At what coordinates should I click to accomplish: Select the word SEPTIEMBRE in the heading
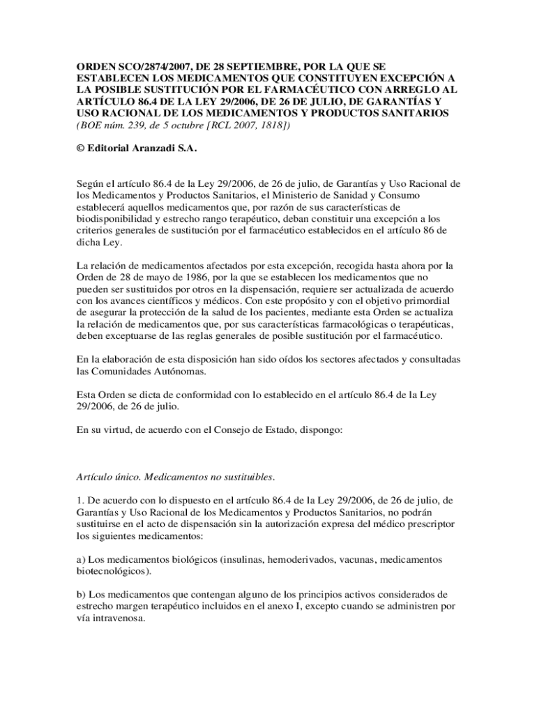[256, 66]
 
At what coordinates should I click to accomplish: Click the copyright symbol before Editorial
[80, 148]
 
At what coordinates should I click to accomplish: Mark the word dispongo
[321, 430]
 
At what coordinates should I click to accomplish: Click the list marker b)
[81, 595]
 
